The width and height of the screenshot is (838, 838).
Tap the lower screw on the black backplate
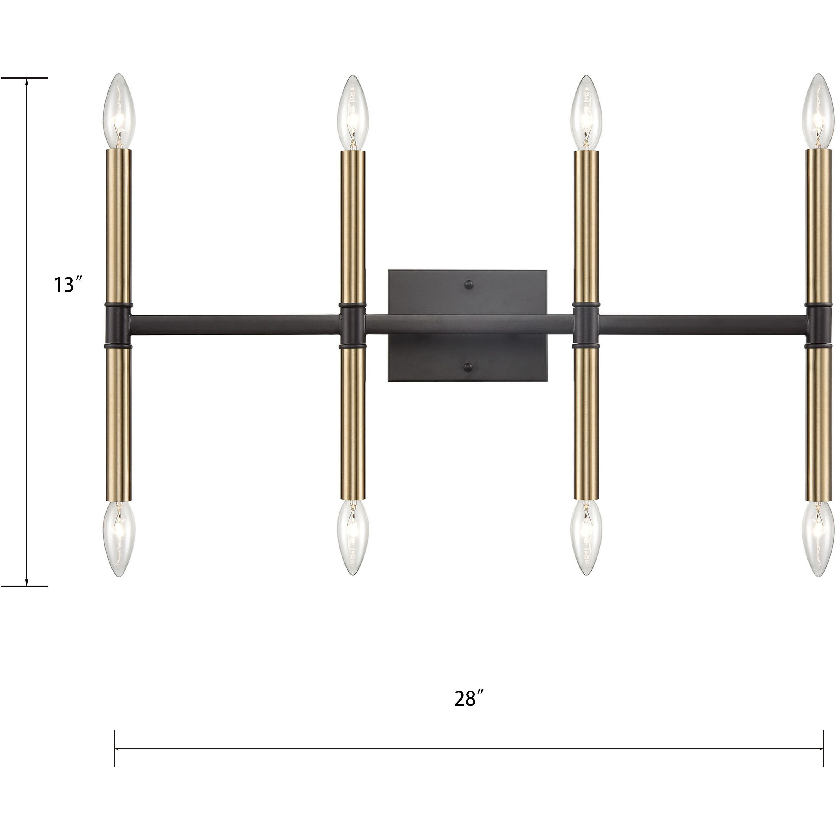coord(468,367)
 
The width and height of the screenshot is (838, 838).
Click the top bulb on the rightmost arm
coord(818,112)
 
